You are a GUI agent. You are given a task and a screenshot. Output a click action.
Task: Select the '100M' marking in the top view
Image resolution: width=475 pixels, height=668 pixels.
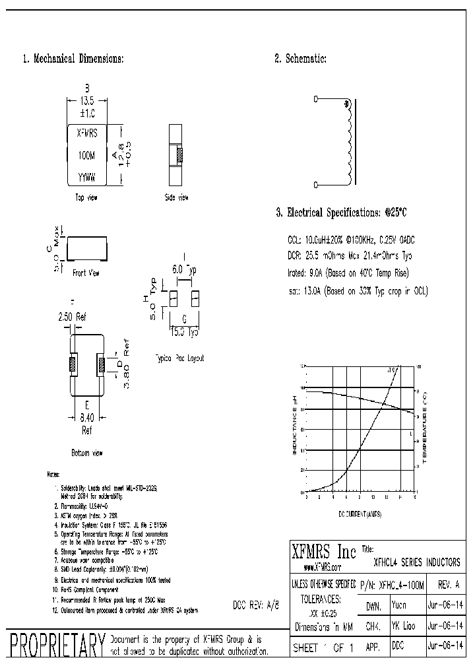[x=86, y=156]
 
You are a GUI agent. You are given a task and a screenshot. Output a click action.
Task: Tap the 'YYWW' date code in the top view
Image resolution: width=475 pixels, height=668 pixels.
[x=86, y=178]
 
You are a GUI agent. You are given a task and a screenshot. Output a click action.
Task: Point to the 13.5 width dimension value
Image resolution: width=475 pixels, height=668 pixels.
[x=88, y=102]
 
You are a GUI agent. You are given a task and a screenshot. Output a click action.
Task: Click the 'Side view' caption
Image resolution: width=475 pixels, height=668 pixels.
[x=176, y=197]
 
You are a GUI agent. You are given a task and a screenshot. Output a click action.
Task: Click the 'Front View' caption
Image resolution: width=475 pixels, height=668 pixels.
[x=86, y=272]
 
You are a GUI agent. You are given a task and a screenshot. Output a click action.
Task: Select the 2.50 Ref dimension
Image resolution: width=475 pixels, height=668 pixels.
[x=73, y=317]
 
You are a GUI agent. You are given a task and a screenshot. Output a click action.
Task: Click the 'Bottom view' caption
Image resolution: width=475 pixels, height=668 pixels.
[x=86, y=453]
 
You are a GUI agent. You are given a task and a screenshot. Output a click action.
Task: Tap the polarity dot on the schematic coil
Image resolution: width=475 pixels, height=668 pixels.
[x=346, y=104]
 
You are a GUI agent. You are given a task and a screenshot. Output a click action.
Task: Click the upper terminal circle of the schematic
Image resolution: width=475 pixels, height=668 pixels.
[x=315, y=100]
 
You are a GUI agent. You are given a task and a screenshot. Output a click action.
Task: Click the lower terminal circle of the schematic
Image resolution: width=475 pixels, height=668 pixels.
[x=315, y=187]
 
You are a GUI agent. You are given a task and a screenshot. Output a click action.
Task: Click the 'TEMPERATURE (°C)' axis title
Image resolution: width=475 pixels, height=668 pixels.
[x=426, y=427]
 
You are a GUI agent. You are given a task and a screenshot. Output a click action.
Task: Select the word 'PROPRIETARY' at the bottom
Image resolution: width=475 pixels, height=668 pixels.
[x=55, y=644]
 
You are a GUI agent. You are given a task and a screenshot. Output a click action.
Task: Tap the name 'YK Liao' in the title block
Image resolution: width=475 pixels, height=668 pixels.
[x=403, y=624]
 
